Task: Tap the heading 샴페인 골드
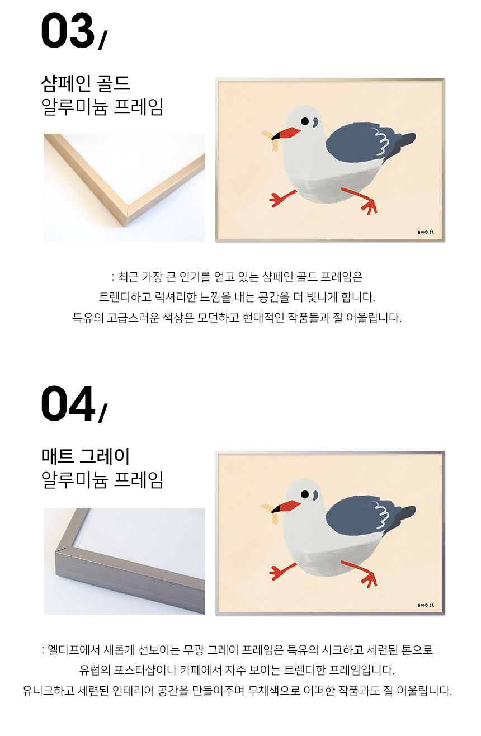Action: pos(86,83)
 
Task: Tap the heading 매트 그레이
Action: pos(86,456)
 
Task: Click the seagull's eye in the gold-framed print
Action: pos(305,121)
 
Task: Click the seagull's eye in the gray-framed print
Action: pos(305,494)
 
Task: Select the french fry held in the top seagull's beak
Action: pos(271,140)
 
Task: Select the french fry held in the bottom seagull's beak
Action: pos(271,513)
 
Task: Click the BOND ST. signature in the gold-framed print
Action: pos(426,232)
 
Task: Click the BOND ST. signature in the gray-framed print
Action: pos(426,605)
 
